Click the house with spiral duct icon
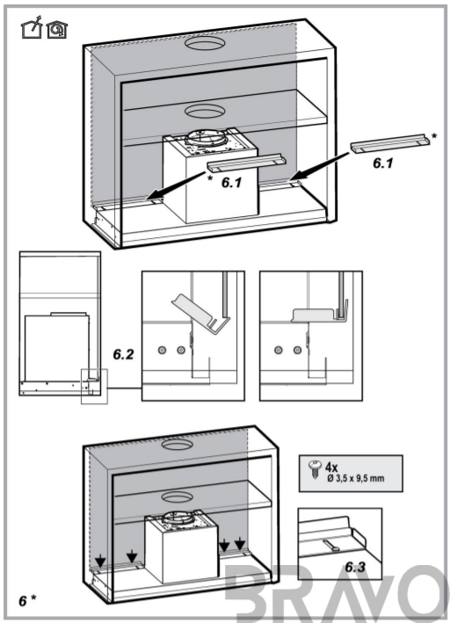coord(56,29)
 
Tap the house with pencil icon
coord(32,27)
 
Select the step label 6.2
coord(123,354)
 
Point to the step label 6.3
coord(355,567)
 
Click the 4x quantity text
coord(331,467)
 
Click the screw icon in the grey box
coord(315,469)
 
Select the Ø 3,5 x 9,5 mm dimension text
coord(355,478)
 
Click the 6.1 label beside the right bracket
coord(383,163)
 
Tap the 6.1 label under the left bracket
coord(231,183)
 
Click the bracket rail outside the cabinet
coord(391,142)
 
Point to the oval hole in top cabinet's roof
coord(204,44)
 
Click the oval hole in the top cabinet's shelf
coord(204,111)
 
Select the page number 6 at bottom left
coord(23,601)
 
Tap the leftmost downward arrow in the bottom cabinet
coord(100,561)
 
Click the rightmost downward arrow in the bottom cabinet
coord(240,543)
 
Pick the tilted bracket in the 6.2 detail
coord(201,314)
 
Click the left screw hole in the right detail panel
coord(278,350)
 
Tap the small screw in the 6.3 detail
coord(331,545)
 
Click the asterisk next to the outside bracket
coord(433,137)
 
